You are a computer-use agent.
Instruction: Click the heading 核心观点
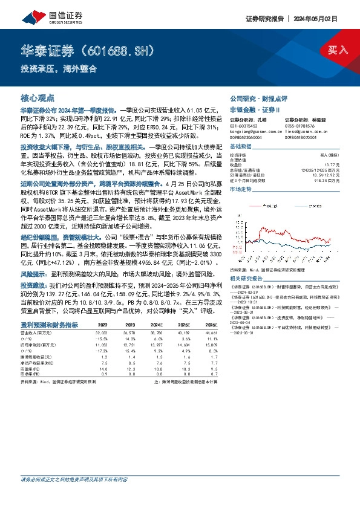(x=38, y=97)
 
